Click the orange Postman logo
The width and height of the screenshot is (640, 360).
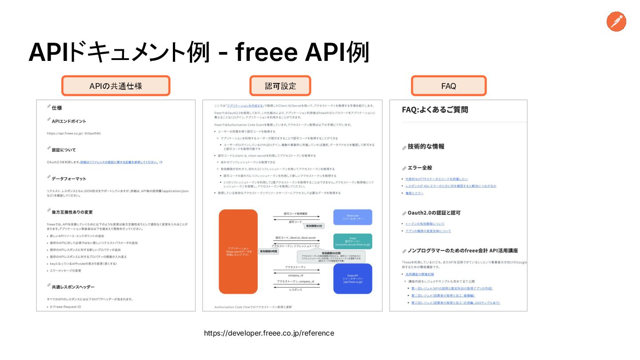coord(616,22)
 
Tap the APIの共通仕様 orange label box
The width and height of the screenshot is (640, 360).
coord(116,86)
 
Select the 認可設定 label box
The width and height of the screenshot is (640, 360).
coord(280,86)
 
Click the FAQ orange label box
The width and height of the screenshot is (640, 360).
coord(448,86)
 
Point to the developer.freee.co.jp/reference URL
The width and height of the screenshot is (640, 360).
coord(269,333)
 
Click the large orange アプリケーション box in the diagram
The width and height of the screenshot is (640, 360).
coord(238,252)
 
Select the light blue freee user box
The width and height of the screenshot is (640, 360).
coord(353,217)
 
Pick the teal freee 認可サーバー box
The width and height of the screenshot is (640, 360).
coord(353,241)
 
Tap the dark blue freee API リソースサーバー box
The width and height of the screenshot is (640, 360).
coord(353,279)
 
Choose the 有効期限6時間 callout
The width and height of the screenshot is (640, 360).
coord(268,251)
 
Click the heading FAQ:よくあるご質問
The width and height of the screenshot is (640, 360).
coord(435,110)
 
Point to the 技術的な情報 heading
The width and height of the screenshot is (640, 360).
coord(426,146)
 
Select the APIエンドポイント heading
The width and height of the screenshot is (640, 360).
coord(69,121)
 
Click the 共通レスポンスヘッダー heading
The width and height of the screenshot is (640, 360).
coord(73,287)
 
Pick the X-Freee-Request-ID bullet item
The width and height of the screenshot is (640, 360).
coord(65,307)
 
